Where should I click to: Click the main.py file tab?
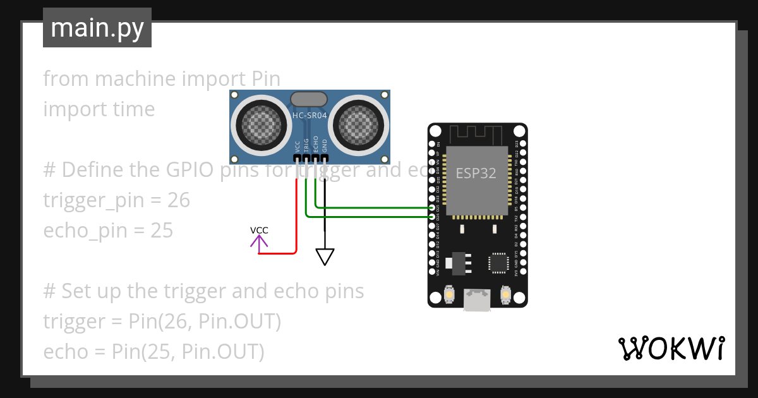[x=97, y=28]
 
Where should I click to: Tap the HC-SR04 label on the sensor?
[x=310, y=115]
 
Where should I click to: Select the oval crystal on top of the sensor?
[x=309, y=99]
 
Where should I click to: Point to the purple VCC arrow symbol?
[x=259, y=241]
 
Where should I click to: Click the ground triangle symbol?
[x=325, y=256]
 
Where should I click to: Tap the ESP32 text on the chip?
[x=476, y=173]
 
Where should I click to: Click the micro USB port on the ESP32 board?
[x=477, y=299]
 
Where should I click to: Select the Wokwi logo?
[x=671, y=349]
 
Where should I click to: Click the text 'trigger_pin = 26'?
[x=116, y=200]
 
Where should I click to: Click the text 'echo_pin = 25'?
[x=108, y=231]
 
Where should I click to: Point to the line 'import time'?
[x=99, y=109]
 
